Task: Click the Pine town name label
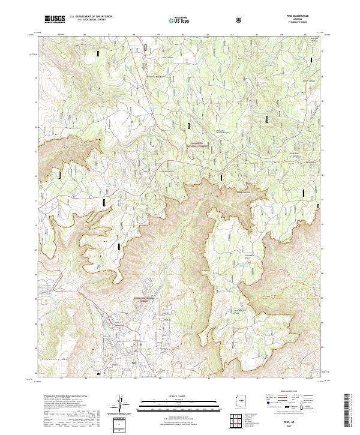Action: coord(134,361)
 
